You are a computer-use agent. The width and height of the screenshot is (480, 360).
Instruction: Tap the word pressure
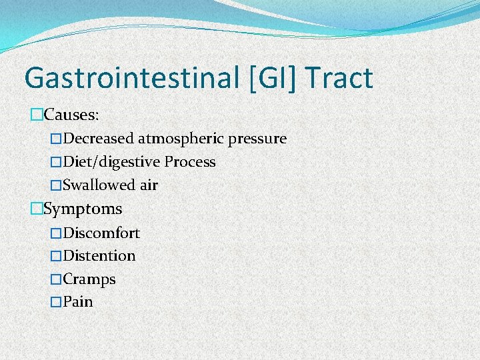(x=257, y=139)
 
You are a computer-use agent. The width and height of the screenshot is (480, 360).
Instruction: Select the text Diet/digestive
(x=112, y=162)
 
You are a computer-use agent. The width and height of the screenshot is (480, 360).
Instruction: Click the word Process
(x=190, y=162)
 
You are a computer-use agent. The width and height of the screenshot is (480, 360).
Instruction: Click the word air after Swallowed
(x=149, y=185)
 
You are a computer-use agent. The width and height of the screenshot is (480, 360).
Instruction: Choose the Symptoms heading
(x=83, y=209)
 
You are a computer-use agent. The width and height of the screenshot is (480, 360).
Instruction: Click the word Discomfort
(x=101, y=233)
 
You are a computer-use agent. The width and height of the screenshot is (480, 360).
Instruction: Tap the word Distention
(x=99, y=256)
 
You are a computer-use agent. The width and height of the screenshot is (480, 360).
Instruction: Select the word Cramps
(x=89, y=279)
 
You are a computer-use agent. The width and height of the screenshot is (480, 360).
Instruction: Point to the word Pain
(x=78, y=302)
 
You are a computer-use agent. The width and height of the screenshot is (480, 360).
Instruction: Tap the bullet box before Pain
(x=56, y=302)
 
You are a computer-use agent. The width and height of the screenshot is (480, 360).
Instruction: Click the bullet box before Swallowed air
(x=56, y=185)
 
